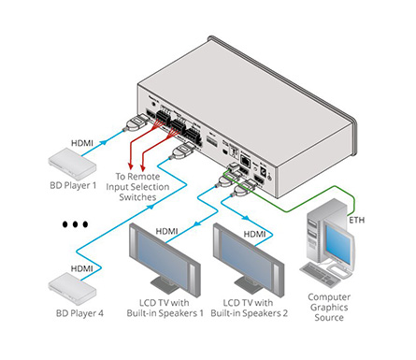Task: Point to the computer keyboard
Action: (333, 276)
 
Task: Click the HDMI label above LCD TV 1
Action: (166, 230)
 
